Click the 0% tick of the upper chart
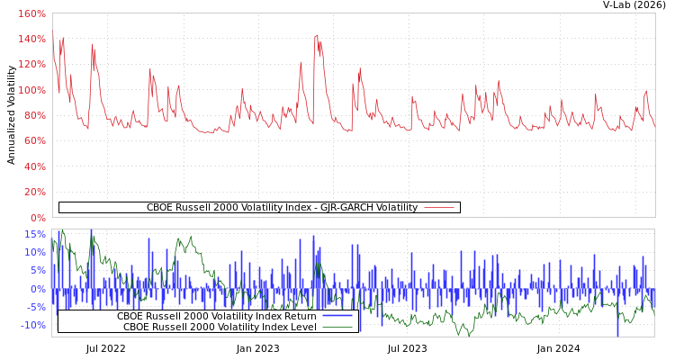[37, 217]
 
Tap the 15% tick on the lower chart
[34, 234]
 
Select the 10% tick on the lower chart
[34, 252]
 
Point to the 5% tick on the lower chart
[37, 270]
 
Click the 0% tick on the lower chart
[37, 289]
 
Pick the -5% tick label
[34, 307]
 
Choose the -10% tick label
[31, 325]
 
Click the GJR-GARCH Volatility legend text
[282, 207]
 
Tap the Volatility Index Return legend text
[216, 316]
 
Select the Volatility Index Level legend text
[220, 327]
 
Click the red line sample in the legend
[438, 207]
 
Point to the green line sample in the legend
[337, 327]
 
